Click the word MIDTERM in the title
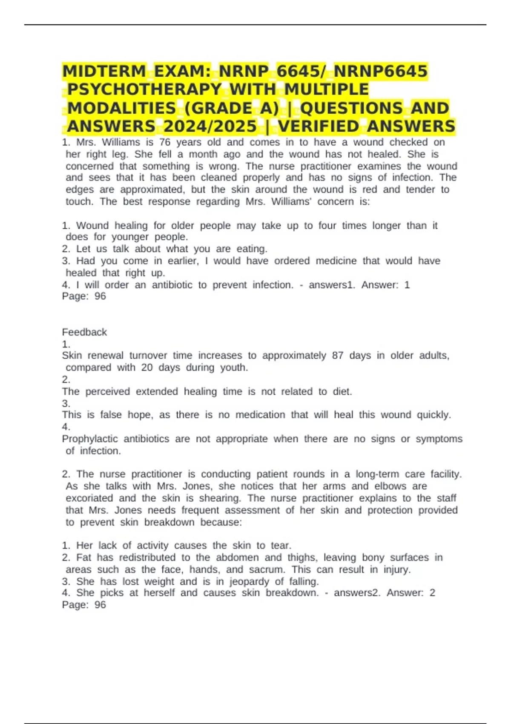click(x=104, y=71)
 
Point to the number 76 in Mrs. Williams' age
click(x=165, y=142)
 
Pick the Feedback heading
click(x=84, y=332)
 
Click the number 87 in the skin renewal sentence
click(x=338, y=356)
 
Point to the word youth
click(x=234, y=368)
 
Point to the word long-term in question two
click(x=377, y=474)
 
